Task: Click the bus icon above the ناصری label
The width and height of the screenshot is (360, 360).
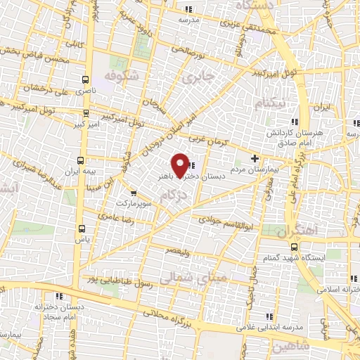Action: (x=85, y=80)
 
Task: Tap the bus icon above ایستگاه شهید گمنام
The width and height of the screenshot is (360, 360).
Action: (x=294, y=247)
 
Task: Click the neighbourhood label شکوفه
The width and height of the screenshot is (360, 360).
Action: (x=119, y=75)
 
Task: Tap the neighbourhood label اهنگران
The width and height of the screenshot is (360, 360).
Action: (x=296, y=230)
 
